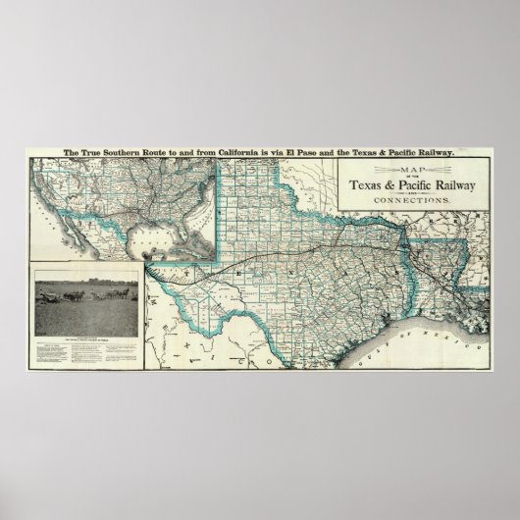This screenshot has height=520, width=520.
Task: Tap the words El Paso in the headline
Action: point(311,152)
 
